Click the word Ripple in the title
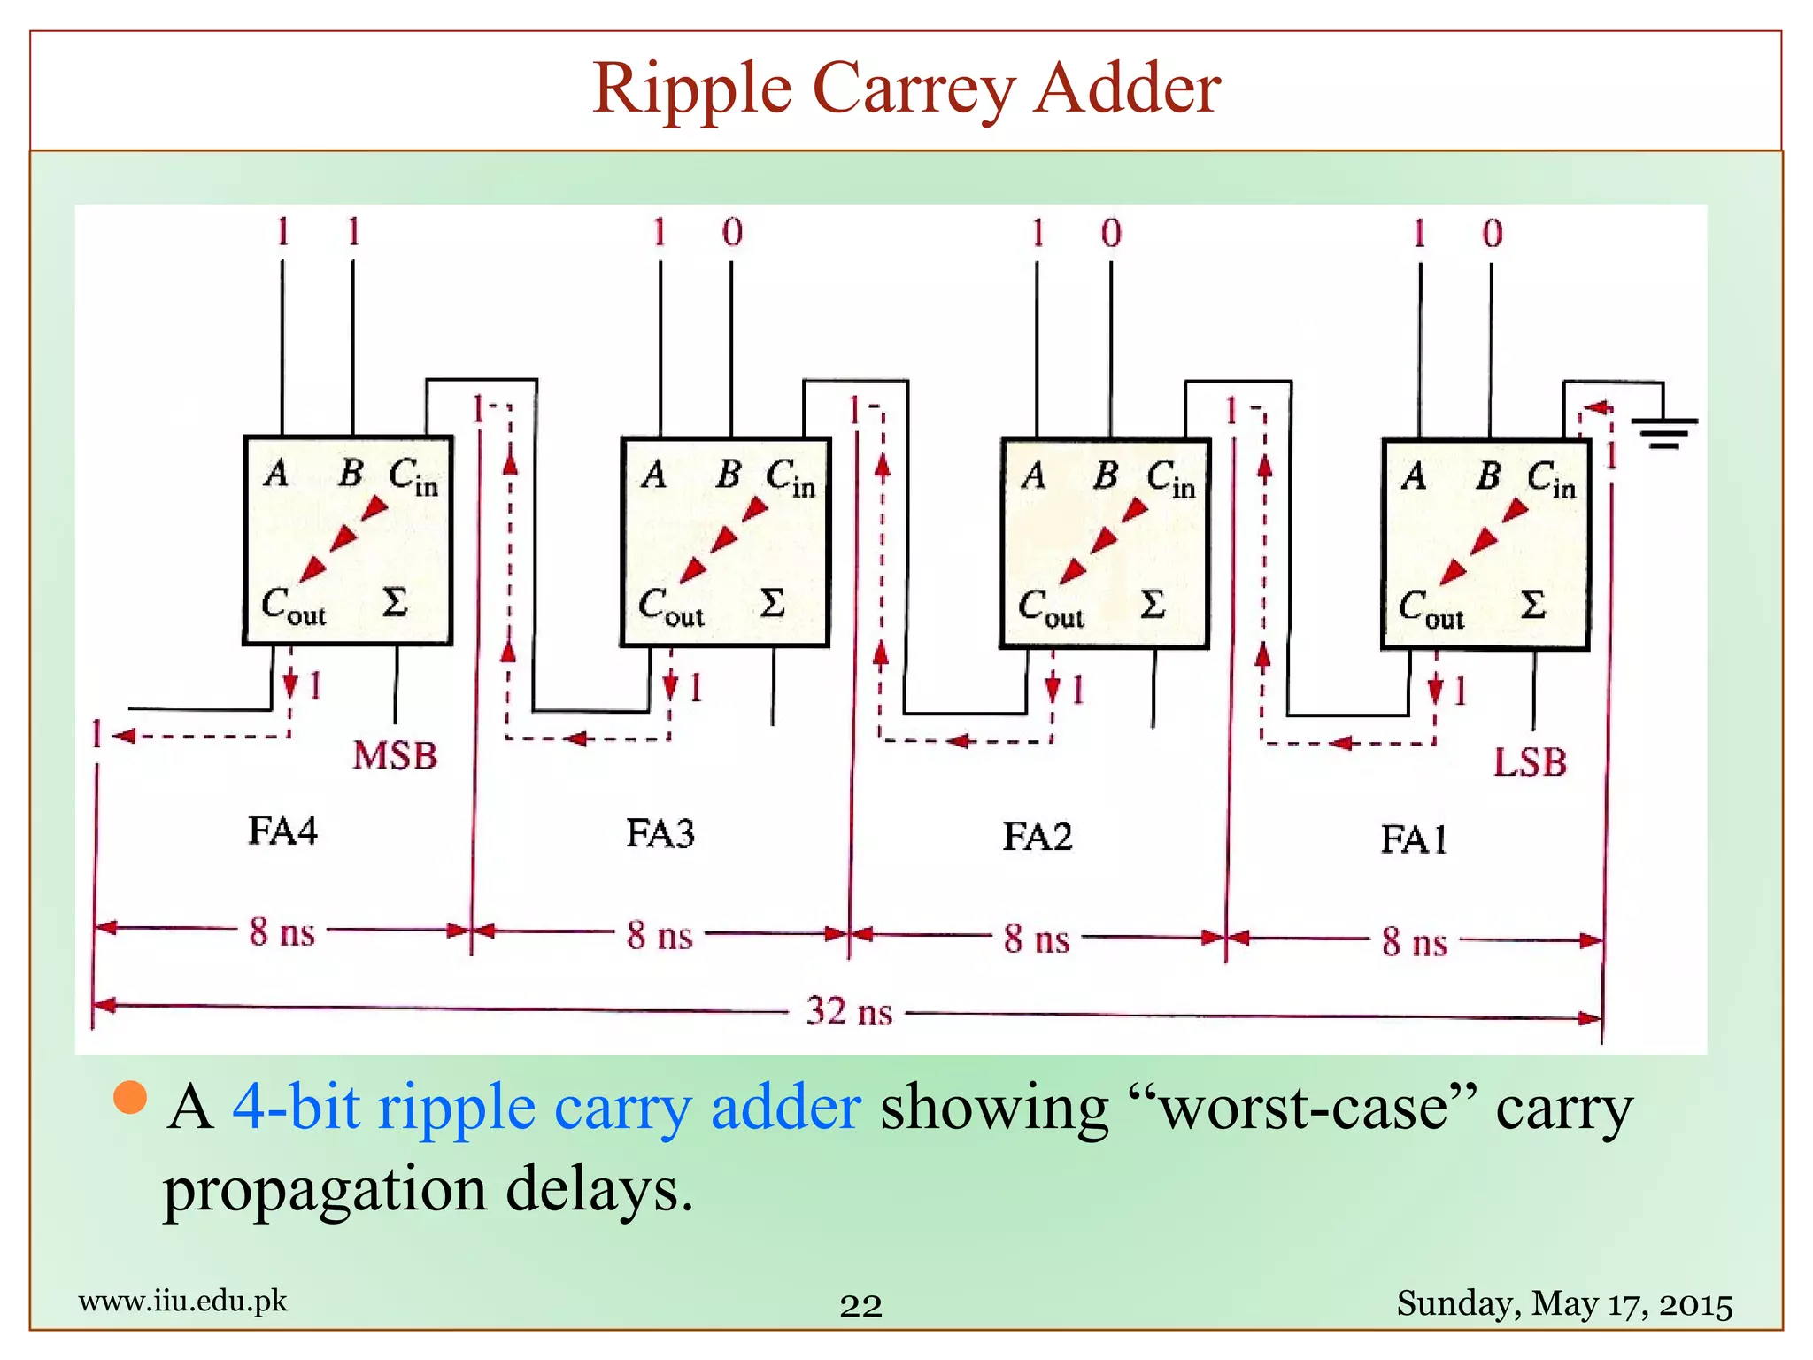tap(691, 89)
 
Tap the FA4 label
tap(282, 831)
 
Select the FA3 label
tap(660, 833)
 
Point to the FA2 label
tap(1038, 836)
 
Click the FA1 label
tap(1415, 839)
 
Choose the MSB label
tap(395, 756)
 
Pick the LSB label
tap(1530, 762)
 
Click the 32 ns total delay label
tap(849, 1011)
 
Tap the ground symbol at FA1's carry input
tap(1664, 432)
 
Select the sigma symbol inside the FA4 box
tap(395, 602)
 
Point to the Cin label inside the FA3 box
tap(791, 478)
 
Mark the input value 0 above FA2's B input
tap(1111, 234)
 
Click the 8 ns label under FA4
tap(282, 932)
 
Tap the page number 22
tap(860, 1306)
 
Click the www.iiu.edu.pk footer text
tap(183, 1301)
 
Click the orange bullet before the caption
tap(131, 1098)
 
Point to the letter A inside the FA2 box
tap(1033, 476)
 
